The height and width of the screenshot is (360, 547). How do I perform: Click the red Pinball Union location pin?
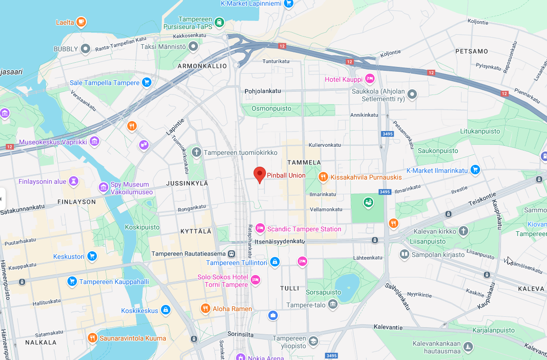(259, 174)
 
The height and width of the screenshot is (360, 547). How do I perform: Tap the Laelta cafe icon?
(81, 22)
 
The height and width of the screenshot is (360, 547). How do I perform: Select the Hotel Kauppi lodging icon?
(370, 79)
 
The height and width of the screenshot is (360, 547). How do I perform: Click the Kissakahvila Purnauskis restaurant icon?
(323, 177)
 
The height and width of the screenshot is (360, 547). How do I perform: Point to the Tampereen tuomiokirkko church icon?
(197, 152)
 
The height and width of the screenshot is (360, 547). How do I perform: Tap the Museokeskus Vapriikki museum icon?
(94, 142)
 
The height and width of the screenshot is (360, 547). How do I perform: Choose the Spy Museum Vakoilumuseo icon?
(103, 188)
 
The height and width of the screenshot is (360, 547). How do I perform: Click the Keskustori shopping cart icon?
(92, 256)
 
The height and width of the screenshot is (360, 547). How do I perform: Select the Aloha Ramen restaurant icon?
(205, 309)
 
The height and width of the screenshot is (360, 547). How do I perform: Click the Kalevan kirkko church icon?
(463, 231)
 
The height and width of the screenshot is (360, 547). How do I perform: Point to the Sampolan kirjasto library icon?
(404, 255)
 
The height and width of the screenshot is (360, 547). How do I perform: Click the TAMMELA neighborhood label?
(304, 162)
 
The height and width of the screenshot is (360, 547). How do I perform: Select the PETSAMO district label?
(472, 51)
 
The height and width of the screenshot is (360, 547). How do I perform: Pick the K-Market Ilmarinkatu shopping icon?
(475, 170)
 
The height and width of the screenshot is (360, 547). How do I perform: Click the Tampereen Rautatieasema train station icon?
(231, 254)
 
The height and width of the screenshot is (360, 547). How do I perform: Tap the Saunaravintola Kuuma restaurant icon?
(93, 338)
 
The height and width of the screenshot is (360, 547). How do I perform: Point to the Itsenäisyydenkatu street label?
(279, 241)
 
